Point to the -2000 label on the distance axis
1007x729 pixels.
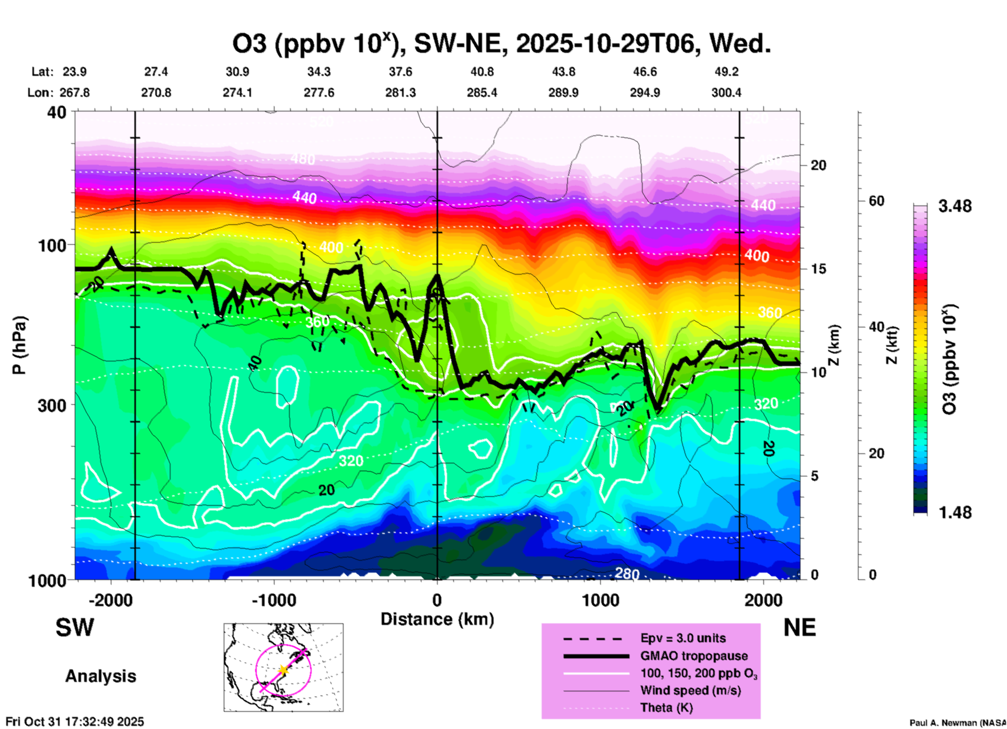tap(111, 600)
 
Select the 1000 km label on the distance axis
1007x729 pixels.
tap(600, 600)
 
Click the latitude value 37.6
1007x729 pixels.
tap(400, 72)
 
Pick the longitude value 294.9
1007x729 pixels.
tap(645, 93)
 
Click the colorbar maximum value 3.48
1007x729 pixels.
tap(955, 207)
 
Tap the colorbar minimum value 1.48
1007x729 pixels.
tap(955, 512)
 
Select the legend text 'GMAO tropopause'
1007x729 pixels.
tap(694, 656)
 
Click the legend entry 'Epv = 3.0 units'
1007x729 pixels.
tap(683, 639)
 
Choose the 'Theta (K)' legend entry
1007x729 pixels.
tap(666, 708)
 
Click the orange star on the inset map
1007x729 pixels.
tap(283, 670)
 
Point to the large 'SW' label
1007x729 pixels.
tap(75, 628)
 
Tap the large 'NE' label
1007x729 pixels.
tap(799, 628)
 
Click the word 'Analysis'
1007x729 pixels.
tap(100, 676)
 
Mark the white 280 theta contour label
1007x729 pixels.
tap(626, 574)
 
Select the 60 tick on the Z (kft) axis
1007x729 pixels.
tap(876, 201)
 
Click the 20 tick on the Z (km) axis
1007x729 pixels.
tap(818, 166)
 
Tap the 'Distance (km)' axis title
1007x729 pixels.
tap(437, 620)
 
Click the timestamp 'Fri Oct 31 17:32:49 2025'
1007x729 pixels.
tap(75, 722)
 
